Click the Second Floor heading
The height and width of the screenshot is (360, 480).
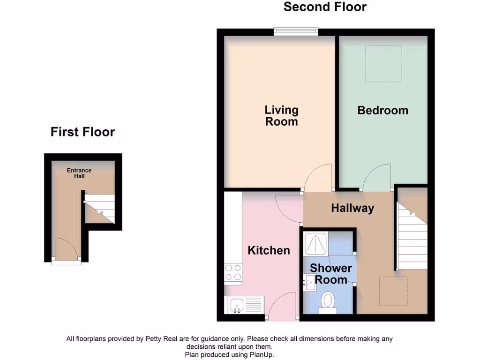tap(325, 7)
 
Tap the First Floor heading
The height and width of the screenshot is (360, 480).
tap(82, 132)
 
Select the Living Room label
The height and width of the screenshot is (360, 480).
tap(281, 116)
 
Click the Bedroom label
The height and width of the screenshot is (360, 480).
tap(382, 111)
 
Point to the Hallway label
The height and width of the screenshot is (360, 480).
tap(352, 208)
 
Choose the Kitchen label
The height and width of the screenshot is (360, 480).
tap(269, 250)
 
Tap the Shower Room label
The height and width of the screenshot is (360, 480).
tap(331, 274)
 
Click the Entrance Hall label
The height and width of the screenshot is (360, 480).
tap(79, 173)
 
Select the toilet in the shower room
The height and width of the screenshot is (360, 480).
tap(328, 300)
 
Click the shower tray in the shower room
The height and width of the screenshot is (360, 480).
tap(315, 243)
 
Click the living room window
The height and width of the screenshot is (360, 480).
tap(296, 32)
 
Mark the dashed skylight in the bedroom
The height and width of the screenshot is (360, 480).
tap(384, 63)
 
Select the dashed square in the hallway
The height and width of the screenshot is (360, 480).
tap(393, 291)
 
